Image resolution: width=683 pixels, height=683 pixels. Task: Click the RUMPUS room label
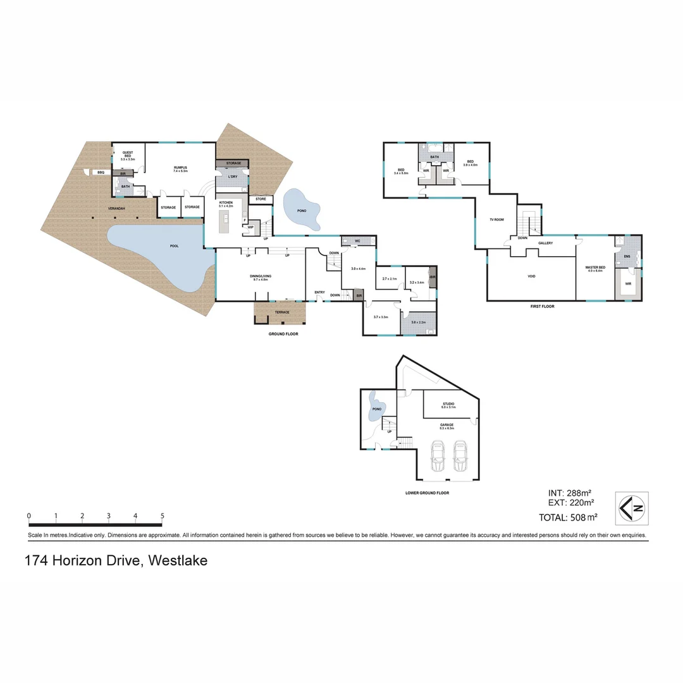[x=180, y=168]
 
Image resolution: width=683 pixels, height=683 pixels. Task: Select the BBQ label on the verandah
[x=101, y=172]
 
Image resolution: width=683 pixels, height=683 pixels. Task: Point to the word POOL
[x=174, y=246]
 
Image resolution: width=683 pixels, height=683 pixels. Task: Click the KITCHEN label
[x=226, y=202]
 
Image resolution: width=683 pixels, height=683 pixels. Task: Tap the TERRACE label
[x=282, y=312]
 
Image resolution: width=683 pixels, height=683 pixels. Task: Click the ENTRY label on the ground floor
[x=319, y=292]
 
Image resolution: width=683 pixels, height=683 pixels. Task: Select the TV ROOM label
[x=496, y=219]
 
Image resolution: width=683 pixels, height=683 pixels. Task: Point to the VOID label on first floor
[x=531, y=276]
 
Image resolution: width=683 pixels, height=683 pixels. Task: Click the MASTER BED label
[x=596, y=268]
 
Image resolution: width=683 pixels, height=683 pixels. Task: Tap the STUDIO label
[x=448, y=403]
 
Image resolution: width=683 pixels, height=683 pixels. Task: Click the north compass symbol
[x=632, y=507]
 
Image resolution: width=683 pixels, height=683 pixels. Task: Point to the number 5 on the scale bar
[x=163, y=516]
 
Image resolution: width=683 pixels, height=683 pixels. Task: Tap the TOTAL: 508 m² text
[x=568, y=517]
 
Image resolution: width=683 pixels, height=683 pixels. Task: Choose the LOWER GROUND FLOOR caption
[x=427, y=493]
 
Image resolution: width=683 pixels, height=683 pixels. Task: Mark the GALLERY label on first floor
[x=545, y=243]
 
